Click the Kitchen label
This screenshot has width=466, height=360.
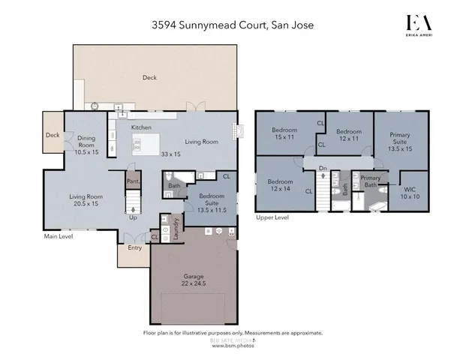[142, 127]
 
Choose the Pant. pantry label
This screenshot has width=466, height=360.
[133, 181]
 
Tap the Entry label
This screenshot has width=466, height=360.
[135, 247]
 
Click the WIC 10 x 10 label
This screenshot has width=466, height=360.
[410, 192]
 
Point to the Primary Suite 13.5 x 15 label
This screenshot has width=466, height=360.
[400, 142]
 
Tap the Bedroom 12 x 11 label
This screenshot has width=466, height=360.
[349, 134]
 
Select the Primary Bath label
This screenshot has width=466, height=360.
[371, 181]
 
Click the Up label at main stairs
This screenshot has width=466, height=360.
[134, 217]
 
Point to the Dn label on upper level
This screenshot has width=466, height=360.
[323, 168]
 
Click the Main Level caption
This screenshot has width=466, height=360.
[57, 236]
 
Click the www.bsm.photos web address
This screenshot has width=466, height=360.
[232, 346]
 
